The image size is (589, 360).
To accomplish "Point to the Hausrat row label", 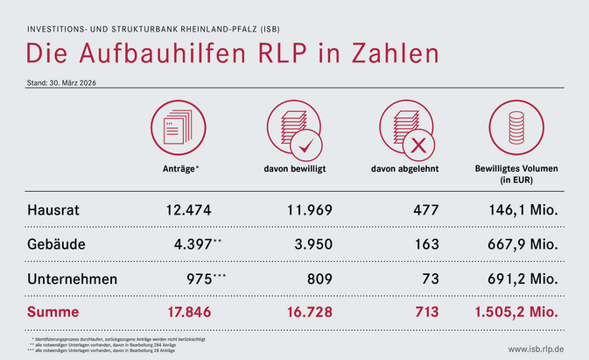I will [x=54, y=210].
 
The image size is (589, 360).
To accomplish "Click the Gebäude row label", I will [x=56, y=244].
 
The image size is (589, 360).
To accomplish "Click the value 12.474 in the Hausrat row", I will [x=188, y=210].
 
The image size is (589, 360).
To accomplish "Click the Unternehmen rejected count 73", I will [x=426, y=279].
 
